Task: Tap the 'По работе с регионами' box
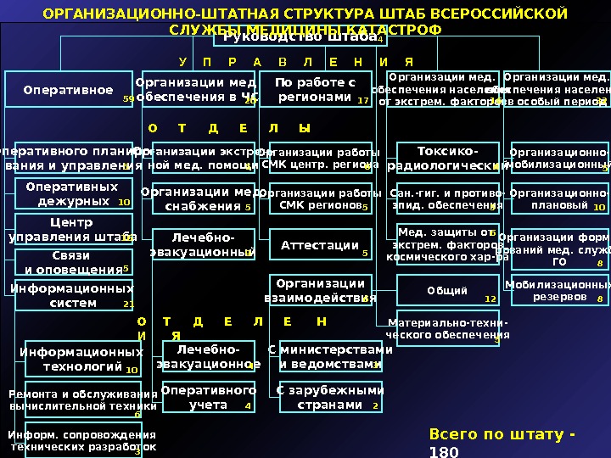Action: tap(315, 90)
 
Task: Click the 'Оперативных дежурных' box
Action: tap(72, 194)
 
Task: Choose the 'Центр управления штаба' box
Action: tap(73, 229)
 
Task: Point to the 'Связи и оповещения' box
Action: tap(73, 263)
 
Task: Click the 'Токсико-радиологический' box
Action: tap(446, 159)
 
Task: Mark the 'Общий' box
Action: tap(448, 291)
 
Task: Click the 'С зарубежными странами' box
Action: tap(331, 398)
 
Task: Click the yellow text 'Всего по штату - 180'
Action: tap(501, 443)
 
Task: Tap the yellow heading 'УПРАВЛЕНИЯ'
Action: tap(296, 63)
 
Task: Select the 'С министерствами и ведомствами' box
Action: tap(331, 356)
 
